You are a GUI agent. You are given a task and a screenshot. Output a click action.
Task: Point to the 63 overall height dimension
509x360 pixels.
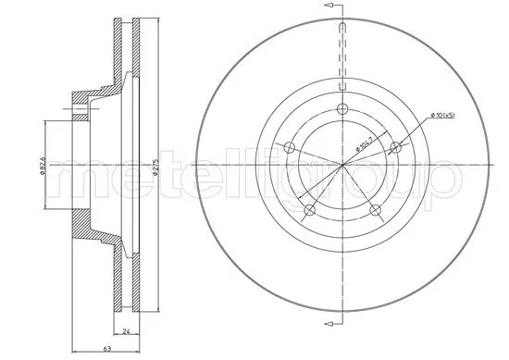coord(108,349)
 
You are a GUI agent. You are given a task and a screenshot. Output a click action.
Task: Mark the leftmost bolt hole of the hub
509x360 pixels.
coord(290,148)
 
